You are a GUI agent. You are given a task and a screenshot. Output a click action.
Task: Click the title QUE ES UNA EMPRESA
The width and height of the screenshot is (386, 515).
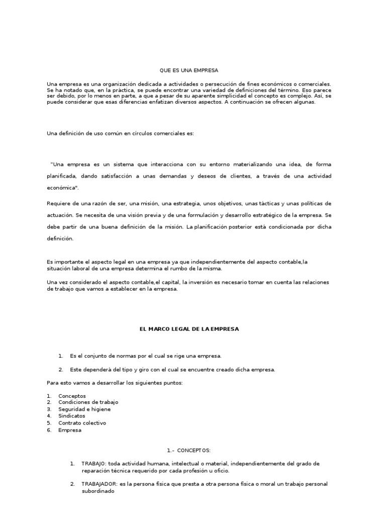click(x=192, y=70)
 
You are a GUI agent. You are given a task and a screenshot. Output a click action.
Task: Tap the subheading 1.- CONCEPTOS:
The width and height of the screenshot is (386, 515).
click(x=188, y=450)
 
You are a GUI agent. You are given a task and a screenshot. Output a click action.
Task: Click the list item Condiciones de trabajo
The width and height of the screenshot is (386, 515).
click(x=88, y=402)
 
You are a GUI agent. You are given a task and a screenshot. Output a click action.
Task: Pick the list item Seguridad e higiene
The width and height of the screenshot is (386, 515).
click(x=84, y=409)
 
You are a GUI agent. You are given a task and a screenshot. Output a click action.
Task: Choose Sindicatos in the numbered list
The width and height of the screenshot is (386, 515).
click(x=71, y=416)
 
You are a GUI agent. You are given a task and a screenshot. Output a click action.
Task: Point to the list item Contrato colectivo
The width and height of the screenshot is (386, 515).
click(x=82, y=423)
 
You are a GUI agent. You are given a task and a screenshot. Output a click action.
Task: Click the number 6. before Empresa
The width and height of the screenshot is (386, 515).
click(x=49, y=430)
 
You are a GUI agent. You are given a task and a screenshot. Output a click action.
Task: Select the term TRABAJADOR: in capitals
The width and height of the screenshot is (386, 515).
click(x=100, y=484)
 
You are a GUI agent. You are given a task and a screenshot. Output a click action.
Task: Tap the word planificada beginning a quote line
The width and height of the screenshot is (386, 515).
click(x=62, y=176)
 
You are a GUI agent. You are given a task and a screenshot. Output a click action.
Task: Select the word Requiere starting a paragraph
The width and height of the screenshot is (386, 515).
click(x=59, y=203)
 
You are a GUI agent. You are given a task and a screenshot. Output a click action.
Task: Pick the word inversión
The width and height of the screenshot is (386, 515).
click(x=206, y=282)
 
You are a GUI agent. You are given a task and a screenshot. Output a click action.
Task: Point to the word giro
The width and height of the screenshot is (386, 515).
click(x=138, y=370)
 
